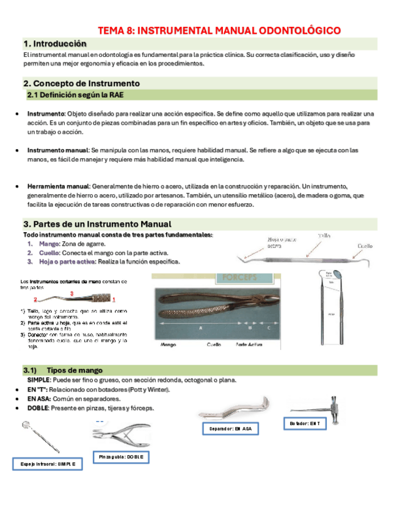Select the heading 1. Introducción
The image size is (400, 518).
(x=54, y=44)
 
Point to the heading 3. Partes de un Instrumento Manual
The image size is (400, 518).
(x=97, y=224)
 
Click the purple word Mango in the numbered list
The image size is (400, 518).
(x=49, y=244)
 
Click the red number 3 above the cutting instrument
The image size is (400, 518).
(x=72, y=294)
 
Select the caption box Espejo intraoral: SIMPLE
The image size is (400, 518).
(x=48, y=464)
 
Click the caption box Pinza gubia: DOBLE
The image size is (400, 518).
(x=121, y=457)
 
